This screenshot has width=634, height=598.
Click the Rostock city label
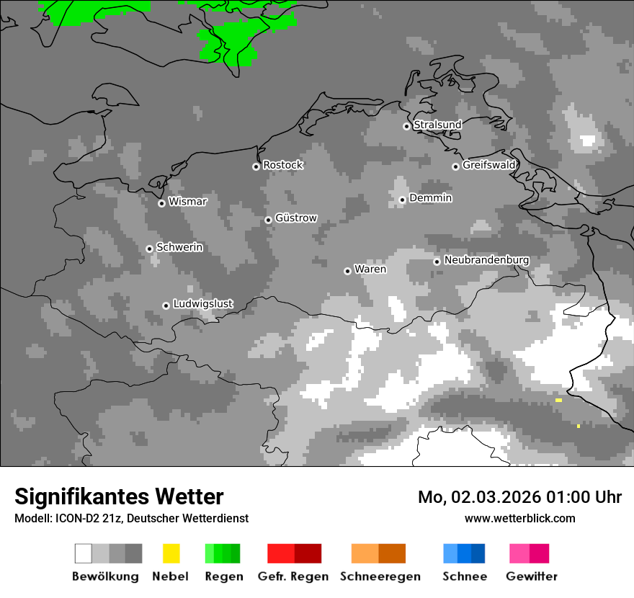283,165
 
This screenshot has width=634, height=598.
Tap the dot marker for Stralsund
406,126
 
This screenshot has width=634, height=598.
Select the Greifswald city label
489,165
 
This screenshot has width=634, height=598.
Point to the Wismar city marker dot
161,203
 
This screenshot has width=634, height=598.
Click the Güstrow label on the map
296,218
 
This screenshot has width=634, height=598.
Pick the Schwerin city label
179,247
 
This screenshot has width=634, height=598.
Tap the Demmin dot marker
402,200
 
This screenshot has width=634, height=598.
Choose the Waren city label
370,269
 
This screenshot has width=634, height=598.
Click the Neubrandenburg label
487,260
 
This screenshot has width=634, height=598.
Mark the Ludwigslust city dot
166,305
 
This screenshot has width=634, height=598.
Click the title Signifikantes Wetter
119,496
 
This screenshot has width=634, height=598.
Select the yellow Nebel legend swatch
171,553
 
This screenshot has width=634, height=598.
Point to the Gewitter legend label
532,576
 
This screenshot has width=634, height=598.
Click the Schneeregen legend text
380,576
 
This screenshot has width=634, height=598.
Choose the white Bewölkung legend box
83,553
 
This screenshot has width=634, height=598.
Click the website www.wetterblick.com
519,519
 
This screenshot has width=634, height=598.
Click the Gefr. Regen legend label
293,576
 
